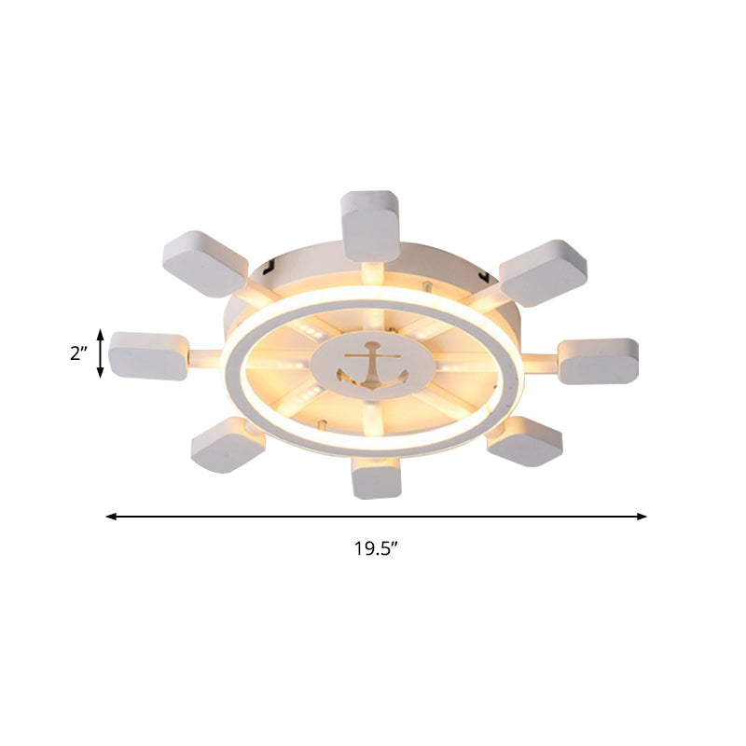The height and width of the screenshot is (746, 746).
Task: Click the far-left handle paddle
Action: pos(147,354)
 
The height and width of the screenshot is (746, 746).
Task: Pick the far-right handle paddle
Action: pos(599,361)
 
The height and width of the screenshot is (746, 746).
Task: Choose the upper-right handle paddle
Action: pos(544,272)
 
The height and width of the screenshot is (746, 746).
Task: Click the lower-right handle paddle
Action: pos(524,441)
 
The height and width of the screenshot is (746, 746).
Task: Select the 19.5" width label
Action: pos(376,548)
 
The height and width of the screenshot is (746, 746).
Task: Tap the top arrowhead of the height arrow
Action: pos(101,335)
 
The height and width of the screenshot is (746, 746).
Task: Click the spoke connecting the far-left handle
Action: pos(208,356)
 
